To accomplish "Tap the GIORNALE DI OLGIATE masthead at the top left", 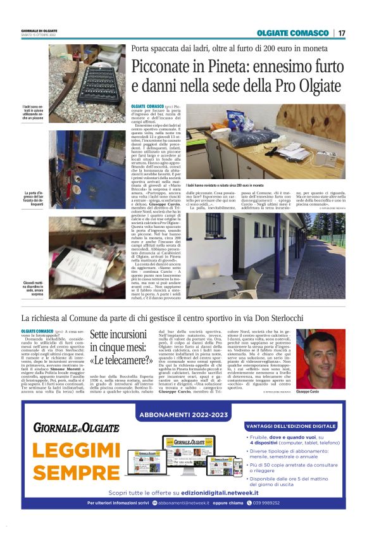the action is click(x=39, y=31).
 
